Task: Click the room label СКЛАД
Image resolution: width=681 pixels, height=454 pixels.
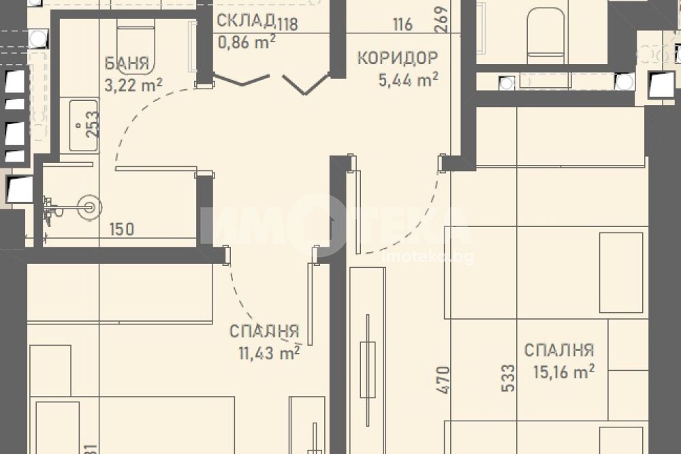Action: point(246,20)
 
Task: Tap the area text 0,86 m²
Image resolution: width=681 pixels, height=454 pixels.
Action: point(247,42)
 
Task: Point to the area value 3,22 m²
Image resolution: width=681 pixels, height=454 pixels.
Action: point(133,85)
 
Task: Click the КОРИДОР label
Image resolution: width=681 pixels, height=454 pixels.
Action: point(398,58)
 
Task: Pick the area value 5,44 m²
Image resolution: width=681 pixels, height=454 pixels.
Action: point(408,80)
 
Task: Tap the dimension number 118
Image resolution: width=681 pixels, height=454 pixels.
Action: point(287,24)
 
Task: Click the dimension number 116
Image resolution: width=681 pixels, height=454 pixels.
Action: point(402,25)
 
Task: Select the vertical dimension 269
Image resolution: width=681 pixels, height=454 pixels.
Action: point(441,18)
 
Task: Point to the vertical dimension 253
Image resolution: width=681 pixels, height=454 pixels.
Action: point(92,124)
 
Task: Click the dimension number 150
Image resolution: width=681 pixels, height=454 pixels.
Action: point(122,229)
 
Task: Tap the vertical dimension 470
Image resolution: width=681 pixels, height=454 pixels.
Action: point(443,380)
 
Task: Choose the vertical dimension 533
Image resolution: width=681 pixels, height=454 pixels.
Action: point(508,378)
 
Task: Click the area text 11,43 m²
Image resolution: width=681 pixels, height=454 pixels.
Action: point(269,352)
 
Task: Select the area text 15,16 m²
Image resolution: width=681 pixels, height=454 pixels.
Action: point(564,372)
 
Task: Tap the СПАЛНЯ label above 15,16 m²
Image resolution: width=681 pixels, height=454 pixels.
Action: point(559,350)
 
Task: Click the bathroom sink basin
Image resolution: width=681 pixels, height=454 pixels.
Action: point(83,125)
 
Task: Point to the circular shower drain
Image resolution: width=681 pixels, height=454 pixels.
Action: point(90,207)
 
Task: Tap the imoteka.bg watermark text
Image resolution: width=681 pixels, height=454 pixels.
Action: point(428,258)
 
